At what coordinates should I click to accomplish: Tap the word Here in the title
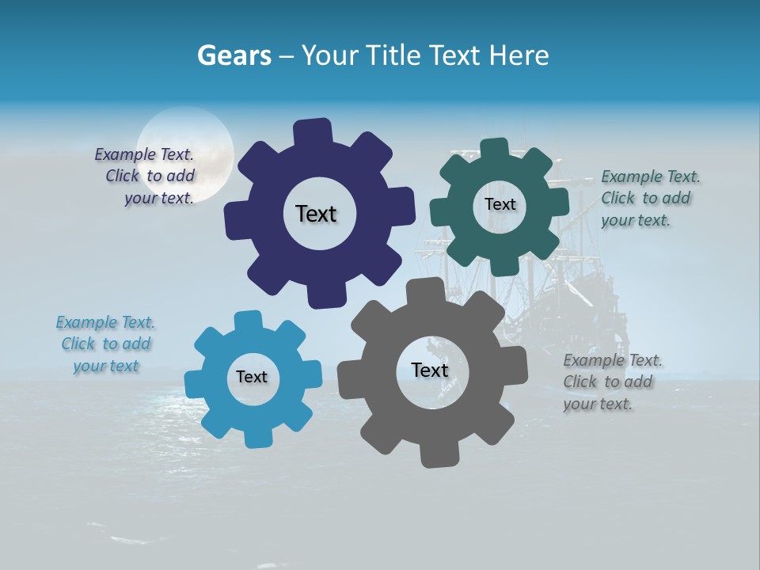point(519,56)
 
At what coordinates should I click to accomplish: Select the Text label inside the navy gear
point(316,214)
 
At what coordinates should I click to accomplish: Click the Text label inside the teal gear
point(500,204)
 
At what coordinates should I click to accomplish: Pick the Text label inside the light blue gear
point(252,377)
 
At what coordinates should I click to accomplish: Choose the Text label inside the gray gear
point(430,370)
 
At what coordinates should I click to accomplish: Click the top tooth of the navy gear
point(313,131)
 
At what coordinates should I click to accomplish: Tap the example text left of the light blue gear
point(106,344)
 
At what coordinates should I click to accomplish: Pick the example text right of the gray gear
point(613,382)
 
